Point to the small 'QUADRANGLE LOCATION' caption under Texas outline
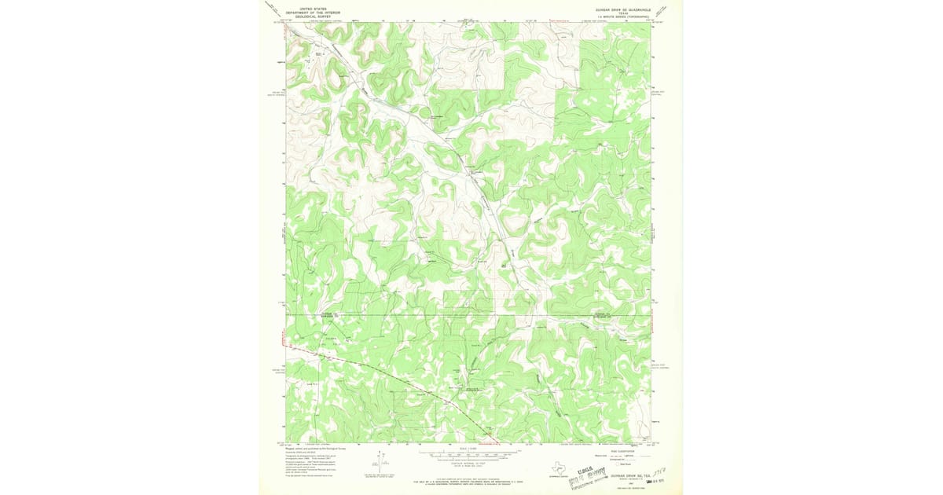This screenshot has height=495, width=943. [559, 474]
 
